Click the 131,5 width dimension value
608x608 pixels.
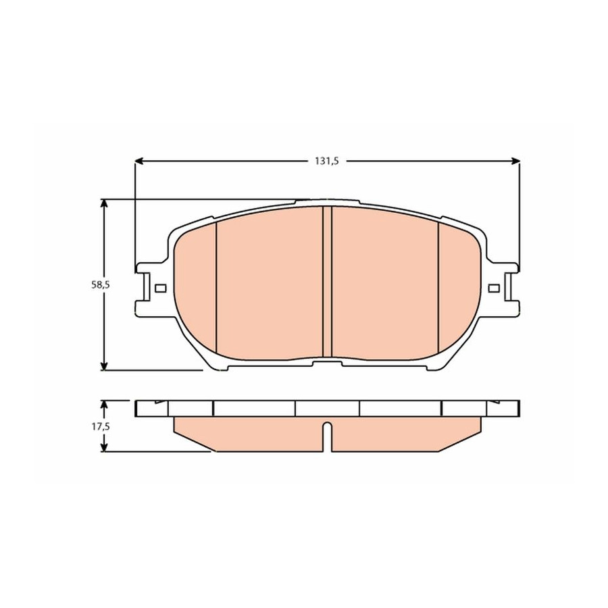coord(326,161)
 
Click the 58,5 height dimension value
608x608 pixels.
coord(101,284)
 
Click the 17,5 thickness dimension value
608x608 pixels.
coord(101,426)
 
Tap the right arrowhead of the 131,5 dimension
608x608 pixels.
coord(515,161)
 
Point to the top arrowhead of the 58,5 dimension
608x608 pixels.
coord(103,204)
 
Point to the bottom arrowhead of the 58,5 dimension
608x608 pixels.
coord(103,365)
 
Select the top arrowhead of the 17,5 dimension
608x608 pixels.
coord(103,405)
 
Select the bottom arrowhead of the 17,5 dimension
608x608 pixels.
coord(103,447)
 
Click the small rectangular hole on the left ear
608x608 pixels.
coord(161,288)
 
